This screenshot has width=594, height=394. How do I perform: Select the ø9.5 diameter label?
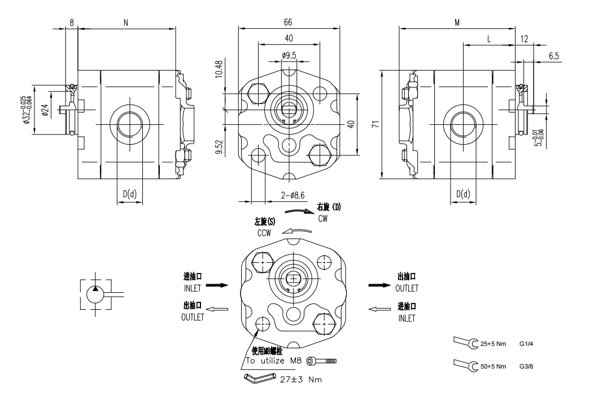[289, 55]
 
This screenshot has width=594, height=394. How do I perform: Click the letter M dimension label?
[457, 22]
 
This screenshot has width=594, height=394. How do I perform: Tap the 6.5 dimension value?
[553, 56]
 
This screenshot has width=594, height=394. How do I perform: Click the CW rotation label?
[323, 218]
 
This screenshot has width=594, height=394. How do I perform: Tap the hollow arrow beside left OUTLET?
[218, 309]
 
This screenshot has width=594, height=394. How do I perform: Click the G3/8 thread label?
[526, 366]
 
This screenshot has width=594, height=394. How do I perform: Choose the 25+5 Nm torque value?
[493, 343]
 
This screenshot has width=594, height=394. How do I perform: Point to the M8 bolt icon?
[325, 360]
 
